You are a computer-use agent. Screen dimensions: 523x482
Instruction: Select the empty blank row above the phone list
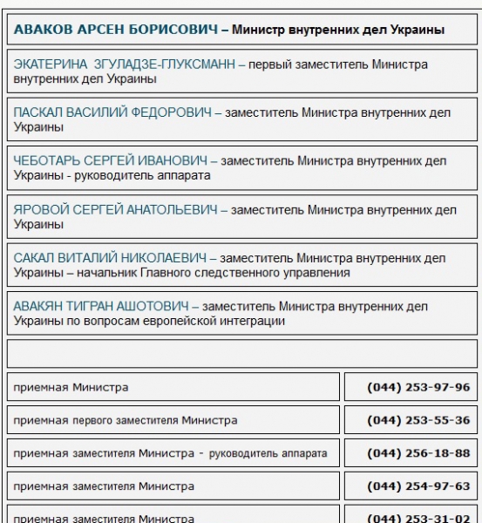(241, 354)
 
